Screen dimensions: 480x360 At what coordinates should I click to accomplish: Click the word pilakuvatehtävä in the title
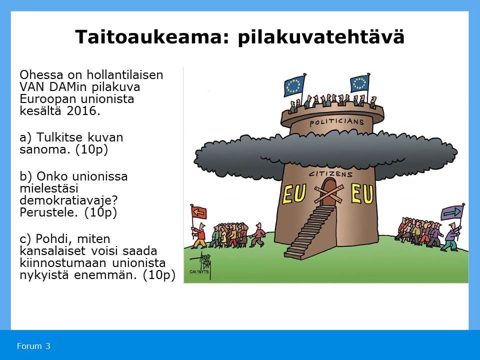click(321, 37)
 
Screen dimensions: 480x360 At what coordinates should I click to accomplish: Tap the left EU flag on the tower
click(294, 86)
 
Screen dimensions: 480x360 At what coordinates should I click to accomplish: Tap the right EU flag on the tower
click(359, 83)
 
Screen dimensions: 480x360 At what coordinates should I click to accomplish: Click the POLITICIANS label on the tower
click(336, 122)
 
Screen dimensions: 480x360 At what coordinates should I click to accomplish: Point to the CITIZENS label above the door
click(330, 174)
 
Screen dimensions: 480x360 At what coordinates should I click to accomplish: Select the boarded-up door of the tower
click(328, 193)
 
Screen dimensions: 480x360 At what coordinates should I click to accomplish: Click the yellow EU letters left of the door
click(294, 194)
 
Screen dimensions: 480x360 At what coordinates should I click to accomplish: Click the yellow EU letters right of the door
click(362, 193)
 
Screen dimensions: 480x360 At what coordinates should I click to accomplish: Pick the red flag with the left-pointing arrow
click(199, 212)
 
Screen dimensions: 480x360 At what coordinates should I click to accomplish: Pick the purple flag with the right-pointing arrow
click(452, 212)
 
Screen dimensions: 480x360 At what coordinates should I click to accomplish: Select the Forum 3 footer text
click(33, 346)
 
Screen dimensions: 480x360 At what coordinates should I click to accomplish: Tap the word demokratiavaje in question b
click(68, 200)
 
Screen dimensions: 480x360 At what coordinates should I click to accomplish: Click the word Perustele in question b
click(48, 212)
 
